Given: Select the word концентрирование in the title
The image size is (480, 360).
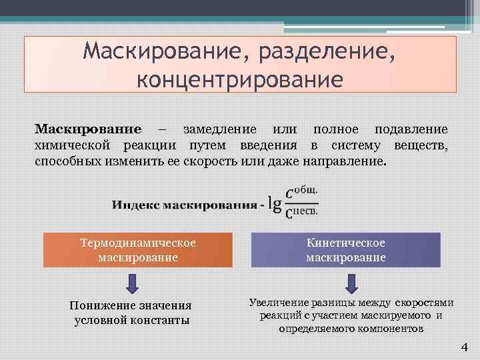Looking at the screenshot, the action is tap(240, 79).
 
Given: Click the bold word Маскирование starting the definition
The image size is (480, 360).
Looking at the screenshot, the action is tap(88, 129).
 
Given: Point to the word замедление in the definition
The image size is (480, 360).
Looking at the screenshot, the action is tap(219, 129).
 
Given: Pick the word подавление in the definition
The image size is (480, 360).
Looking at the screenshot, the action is tap(411, 129).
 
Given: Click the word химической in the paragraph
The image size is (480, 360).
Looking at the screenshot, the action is tap(72, 145).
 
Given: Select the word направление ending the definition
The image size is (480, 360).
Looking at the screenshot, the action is tap(348, 162).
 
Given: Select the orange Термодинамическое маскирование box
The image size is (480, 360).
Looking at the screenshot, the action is tap(138, 250).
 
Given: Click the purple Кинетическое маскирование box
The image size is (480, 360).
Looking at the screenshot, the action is tap(345, 250).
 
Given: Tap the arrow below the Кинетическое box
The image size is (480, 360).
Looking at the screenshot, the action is tap(349, 282).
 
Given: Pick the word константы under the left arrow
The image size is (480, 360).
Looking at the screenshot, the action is tap(158, 320).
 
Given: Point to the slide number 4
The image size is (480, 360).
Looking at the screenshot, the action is tap(465, 347).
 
